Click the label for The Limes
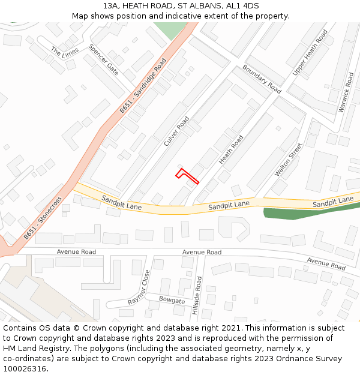pyautogui.click(x=64, y=53)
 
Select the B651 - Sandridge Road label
pyautogui.click(x=143, y=86)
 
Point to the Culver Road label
pyautogui.click(x=176, y=131)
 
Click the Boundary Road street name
pyautogui.click(x=262, y=79)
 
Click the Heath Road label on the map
pyautogui.click(x=231, y=150)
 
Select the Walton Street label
pyautogui.click(x=289, y=160)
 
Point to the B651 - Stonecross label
pyautogui.click(x=43, y=219)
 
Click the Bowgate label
pyautogui.click(x=172, y=299)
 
